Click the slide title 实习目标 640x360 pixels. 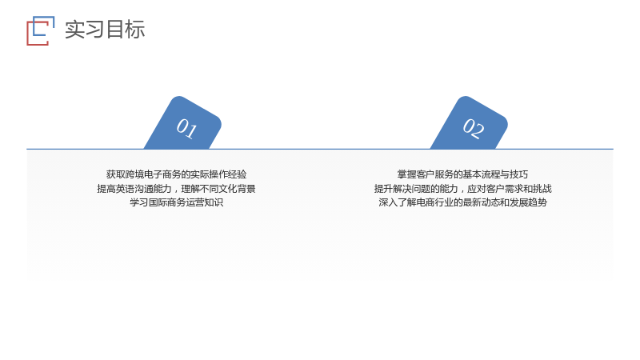click(105, 30)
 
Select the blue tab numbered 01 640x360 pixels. click(183, 123)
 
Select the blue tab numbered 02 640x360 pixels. click(470, 123)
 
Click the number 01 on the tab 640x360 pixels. click(187, 129)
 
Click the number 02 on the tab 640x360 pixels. click(474, 129)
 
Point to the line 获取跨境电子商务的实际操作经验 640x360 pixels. click(176, 174)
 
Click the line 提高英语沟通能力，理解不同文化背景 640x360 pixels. click(176, 189)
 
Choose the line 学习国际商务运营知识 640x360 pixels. click(176, 202)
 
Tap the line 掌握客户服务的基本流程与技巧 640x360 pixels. click(462, 174)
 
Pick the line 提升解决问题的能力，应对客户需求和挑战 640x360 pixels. click(463, 189)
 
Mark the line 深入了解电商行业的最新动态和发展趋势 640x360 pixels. click(463, 202)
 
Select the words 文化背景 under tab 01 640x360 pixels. click(237, 189)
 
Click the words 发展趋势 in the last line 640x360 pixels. click(529, 202)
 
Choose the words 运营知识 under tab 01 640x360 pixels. click(205, 202)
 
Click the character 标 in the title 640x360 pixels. click(135, 30)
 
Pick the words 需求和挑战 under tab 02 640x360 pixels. click(528, 189)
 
